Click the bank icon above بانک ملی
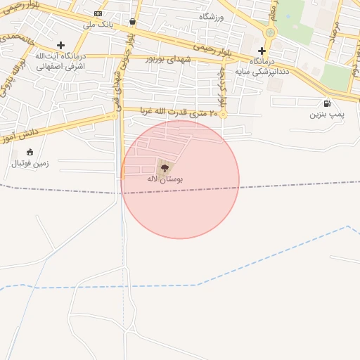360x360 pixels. pyautogui.click(x=98, y=13)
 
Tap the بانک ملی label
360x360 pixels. pyautogui.click(x=98, y=25)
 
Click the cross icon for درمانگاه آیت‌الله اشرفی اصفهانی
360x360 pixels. pyautogui.click(x=60, y=45)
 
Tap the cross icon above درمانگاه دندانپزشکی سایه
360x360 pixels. pyautogui.click(x=262, y=51)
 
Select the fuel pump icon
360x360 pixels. pyautogui.click(x=327, y=103)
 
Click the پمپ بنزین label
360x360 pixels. pyautogui.click(x=323, y=114)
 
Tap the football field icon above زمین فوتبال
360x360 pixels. pyautogui.click(x=30, y=152)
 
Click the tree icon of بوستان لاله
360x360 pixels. pyautogui.click(x=165, y=167)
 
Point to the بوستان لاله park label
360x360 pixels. pyautogui.click(x=165, y=179)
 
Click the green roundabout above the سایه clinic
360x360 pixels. pyautogui.click(x=270, y=32)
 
